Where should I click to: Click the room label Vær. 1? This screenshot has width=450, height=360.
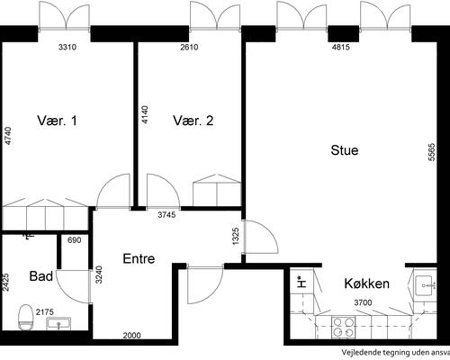coord(56,120)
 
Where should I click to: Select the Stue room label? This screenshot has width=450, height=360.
coord(344,150)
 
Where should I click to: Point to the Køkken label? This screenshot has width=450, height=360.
coord(366,283)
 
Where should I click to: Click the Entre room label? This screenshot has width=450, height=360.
coord(139,259)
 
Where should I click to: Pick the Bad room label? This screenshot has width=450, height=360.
coord(40,275)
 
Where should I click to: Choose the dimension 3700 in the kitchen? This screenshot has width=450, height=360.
coord(363,301)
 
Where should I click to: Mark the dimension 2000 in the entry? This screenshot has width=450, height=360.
coord(132,336)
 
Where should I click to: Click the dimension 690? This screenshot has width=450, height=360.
coord(74,239)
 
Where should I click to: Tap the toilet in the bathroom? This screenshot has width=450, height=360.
coord(24,317)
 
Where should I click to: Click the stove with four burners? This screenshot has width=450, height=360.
coord(344,327)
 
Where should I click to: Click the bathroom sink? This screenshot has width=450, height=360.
coord(63,324)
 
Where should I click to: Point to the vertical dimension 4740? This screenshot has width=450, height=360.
coord(7,136)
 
